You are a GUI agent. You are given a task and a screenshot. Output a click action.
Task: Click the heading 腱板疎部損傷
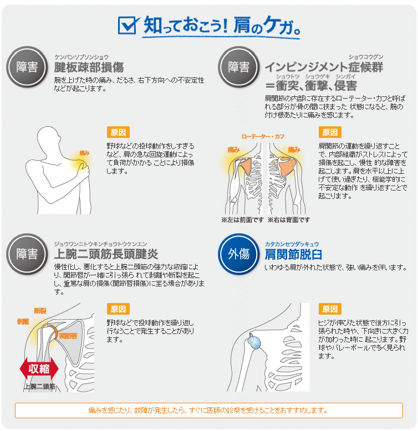[89, 68]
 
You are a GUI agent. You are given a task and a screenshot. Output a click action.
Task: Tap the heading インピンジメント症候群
[324, 67]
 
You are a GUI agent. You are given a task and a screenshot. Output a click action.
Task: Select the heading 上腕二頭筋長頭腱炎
[106, 254]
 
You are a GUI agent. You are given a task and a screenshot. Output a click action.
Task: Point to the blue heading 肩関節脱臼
[293, 254]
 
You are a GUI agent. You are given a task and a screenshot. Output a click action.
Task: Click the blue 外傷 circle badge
[239, 254]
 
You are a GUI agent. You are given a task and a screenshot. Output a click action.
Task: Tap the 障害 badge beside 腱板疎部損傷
[27, 67]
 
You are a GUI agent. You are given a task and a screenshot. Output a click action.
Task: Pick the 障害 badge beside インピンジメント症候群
[239, 67]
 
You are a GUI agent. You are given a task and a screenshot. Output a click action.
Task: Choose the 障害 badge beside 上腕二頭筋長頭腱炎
[27, 254]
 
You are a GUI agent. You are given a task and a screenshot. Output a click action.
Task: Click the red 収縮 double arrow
[39, 368]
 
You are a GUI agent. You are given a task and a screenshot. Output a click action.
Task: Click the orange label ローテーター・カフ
[263, 137]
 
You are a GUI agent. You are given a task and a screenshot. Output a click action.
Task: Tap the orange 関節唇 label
[68, 336]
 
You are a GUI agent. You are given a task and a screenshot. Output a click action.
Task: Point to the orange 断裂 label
[40, 311]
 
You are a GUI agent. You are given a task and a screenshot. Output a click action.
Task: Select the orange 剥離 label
[23, 321]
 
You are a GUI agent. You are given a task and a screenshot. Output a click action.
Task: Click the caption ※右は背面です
[289, 220]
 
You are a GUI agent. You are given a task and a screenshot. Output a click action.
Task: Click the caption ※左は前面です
[242, 220]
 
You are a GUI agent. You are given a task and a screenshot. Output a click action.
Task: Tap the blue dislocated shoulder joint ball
[254, 342]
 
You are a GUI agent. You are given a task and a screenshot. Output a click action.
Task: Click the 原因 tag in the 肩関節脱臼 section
[330, 309]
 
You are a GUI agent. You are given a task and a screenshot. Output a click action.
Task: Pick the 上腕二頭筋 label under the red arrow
[39, 387]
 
